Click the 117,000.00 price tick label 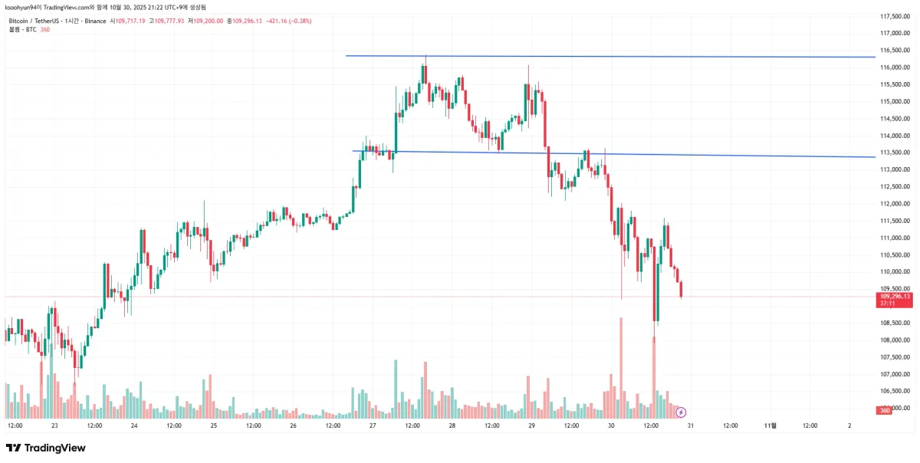895,33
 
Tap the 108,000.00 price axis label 895,340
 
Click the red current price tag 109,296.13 895,296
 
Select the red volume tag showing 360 883,411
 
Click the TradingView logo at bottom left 46,448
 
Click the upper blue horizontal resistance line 613,56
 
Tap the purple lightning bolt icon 681,412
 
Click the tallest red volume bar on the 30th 621,368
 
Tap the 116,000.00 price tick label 895,67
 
